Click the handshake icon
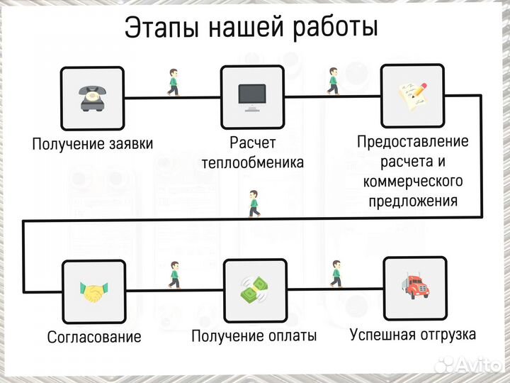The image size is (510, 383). point(94,291)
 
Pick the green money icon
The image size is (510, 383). point(254,290)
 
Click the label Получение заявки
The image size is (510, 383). point(92,143)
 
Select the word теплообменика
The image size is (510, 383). point(252,162)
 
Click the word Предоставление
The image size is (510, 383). point(413,142)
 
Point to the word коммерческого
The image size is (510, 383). point(412,182)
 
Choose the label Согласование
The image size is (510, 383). point(94,336)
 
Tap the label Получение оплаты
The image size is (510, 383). point(254,336)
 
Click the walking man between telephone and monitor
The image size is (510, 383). point(173,82)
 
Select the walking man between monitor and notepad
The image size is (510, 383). point(333,82)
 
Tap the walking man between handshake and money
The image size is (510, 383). point(174,274)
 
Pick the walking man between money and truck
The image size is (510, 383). point(336,273)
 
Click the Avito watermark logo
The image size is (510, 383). point(469,365)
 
